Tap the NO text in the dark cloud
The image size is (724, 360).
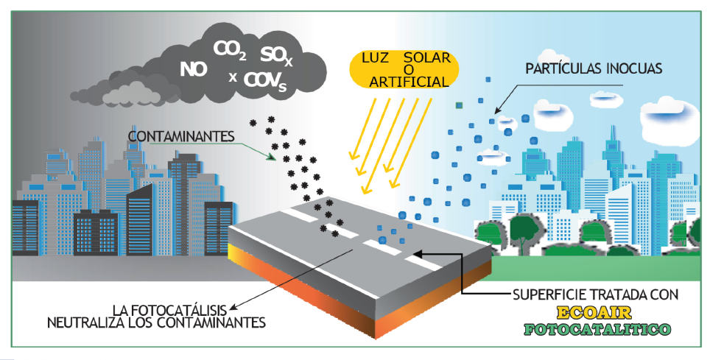pos(193,70)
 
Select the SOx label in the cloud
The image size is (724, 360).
pos(276,55)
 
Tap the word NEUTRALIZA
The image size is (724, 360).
pos(82,322)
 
